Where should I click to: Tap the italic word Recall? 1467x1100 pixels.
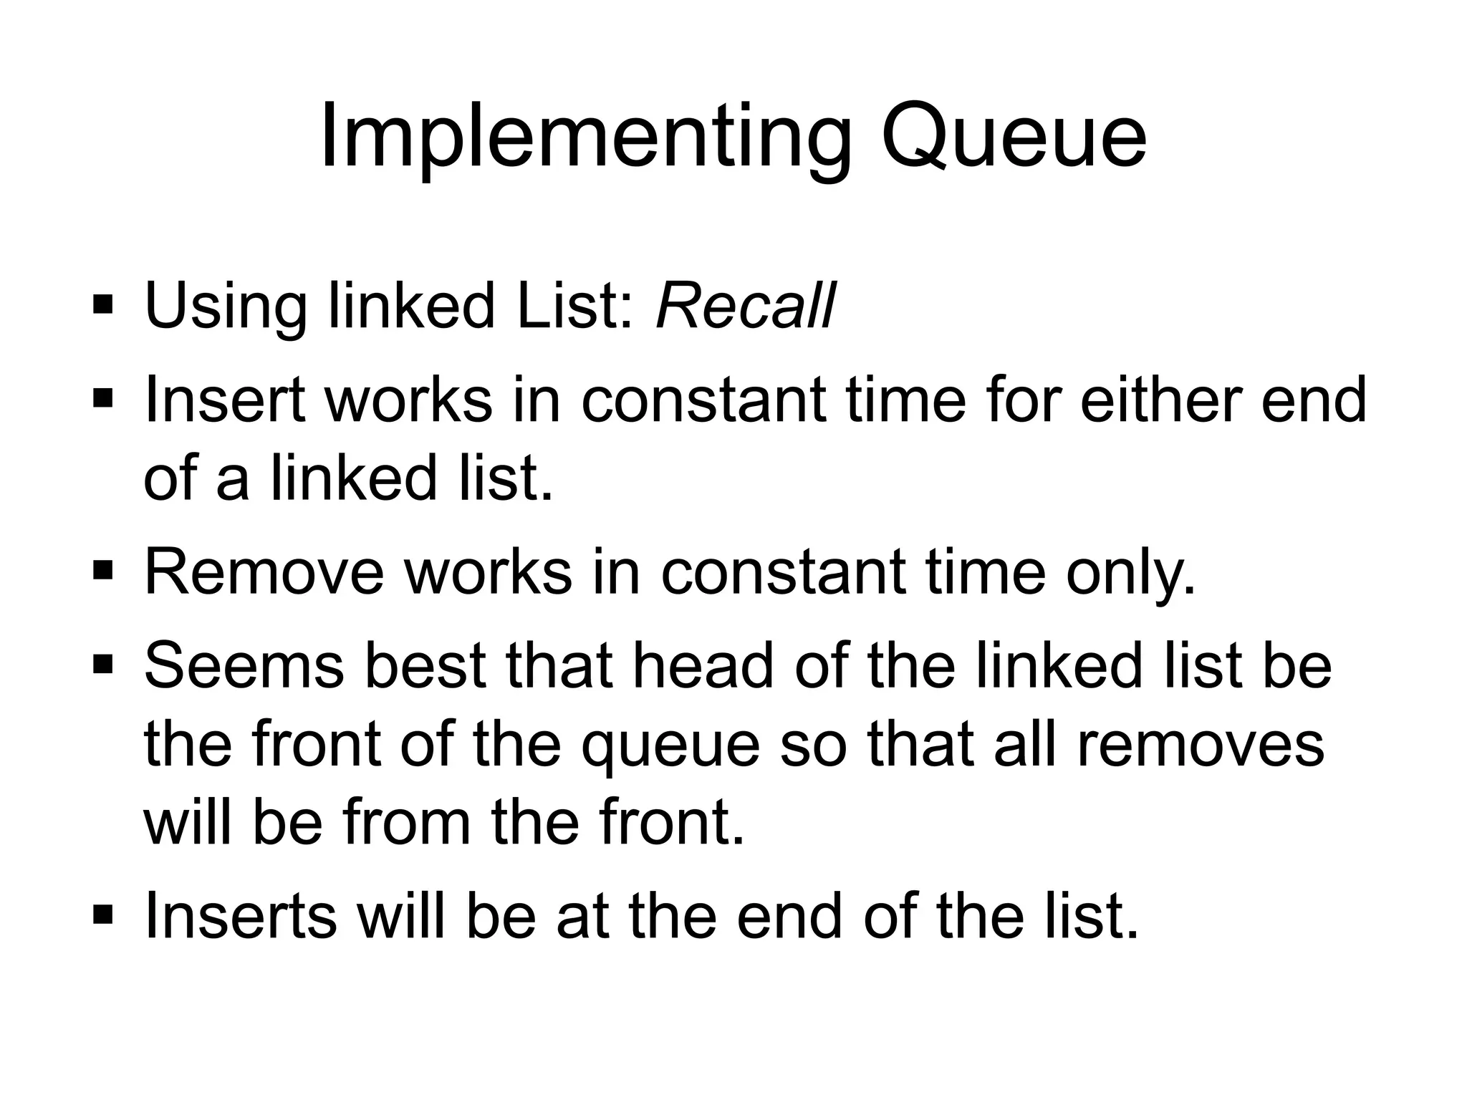point(745,307)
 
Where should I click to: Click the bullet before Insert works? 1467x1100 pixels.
point(102,398)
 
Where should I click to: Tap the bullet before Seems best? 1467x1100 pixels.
point(102,665)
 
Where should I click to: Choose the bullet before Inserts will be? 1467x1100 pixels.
point(102,915)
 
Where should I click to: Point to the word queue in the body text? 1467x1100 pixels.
point(670,746)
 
